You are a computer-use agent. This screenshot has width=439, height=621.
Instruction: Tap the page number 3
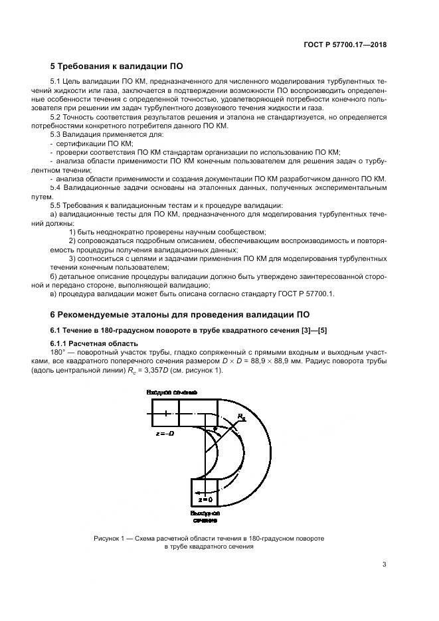coord(384,565)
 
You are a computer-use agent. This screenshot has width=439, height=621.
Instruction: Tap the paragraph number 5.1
coord(56,81)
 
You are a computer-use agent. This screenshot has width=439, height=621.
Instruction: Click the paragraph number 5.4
coord(56,189)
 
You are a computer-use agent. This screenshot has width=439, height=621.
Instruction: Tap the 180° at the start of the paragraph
coord(57,351)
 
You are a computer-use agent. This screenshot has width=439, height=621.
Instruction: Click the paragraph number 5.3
coord(56,134)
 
